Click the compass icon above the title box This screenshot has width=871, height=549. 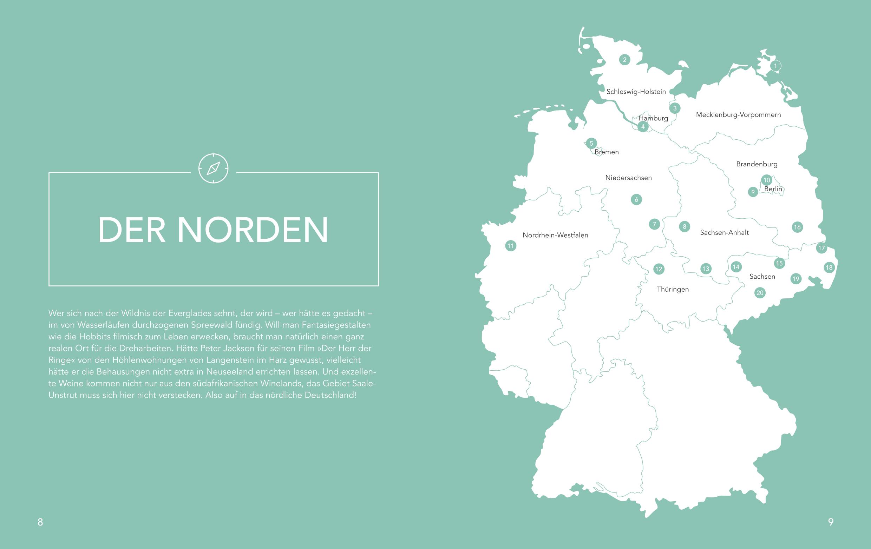coord(214,168)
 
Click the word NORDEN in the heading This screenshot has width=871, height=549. coord(253,230)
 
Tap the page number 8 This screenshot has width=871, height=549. coord(40,522)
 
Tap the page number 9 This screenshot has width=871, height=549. coord(831,522)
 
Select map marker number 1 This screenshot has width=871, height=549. coord(775,66)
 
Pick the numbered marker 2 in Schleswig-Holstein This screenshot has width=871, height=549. coord(625,60)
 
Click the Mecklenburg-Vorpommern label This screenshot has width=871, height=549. coord(738,114)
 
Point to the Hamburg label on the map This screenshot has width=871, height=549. coord(653,118)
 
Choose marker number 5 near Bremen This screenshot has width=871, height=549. coord(591,143)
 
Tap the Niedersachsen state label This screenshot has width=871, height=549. coord(628,178)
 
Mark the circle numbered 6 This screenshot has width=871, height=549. coord(636,199)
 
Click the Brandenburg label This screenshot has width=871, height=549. coord(757,164)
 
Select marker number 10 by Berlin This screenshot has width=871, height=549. coord(767,180)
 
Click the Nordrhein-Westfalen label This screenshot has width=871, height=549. coord(555,235)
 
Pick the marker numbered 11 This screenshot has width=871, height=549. coord(510,246)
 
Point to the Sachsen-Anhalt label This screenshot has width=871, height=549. coord(724,232)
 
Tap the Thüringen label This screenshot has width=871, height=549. coord(673,289)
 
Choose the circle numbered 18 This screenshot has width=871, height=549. coord(829,267)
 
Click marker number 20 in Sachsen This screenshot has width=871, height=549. coord(760,293)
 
